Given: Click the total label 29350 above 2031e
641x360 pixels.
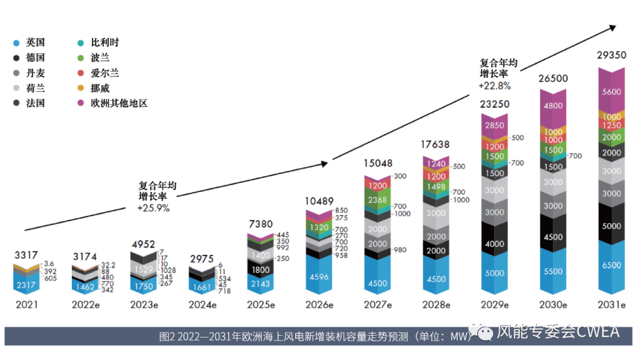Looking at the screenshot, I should coord(611,55).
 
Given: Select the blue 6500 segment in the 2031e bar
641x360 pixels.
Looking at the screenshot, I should coord(611,265).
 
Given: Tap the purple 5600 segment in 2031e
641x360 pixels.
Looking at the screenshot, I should coord(611,92).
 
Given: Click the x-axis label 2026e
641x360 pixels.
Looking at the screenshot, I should coord(319,305).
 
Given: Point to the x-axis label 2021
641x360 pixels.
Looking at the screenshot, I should coord(27,305).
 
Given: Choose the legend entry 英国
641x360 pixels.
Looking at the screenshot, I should coord(35,43).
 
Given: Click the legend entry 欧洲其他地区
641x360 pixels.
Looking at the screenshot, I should coord(118,103).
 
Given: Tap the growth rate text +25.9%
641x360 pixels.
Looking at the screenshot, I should coord(153,208).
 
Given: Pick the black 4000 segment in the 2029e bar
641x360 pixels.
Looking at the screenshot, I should coord(494,244).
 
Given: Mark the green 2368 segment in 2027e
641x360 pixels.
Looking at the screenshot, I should coord(377,200).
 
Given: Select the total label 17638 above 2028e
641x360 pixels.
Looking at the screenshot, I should coord(436,144).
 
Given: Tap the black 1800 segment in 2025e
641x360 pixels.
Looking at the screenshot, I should coord(261,269).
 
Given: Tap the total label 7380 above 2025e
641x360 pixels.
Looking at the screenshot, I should coord(261,224).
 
